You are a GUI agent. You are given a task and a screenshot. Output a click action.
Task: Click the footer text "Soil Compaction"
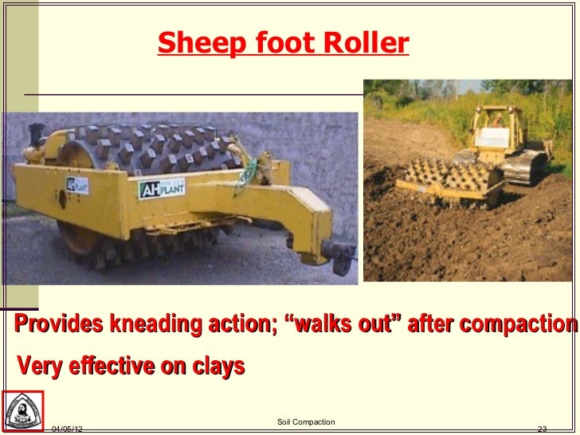coord(306,421)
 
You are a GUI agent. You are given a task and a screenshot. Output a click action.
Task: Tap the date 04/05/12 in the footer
coord(68,429)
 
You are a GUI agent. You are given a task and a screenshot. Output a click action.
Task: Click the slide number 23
coord(546,429)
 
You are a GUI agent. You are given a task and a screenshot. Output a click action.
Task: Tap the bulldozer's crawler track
coord(525,167)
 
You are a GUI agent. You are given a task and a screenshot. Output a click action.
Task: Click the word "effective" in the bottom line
coord(117,366)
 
